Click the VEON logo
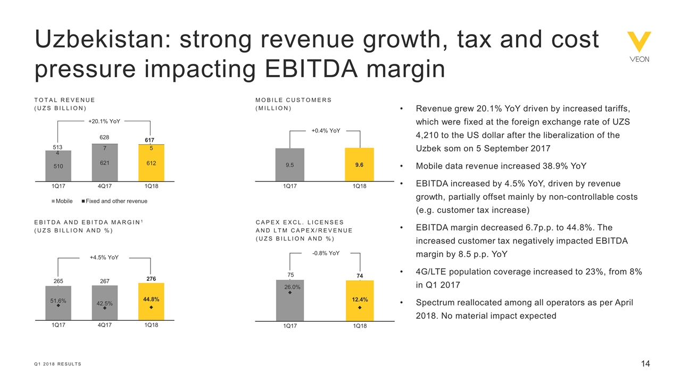point(638,47)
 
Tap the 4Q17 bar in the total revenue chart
point(105,162)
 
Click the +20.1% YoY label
point(104,121)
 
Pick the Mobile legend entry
point(62,201)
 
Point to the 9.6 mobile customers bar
point(359,164)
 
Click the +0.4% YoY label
point(325,130)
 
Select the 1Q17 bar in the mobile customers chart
point(289,164)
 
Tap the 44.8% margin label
point(151,299)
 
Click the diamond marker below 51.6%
point(59,306)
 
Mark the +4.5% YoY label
point(104,257)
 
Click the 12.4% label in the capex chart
point(360,300)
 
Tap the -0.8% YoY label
point(326,253)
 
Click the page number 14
point(645,364)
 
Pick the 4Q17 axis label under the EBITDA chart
point(105,326)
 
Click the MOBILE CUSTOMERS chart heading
point(294,100)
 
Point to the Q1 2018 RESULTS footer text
point(58,364)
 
